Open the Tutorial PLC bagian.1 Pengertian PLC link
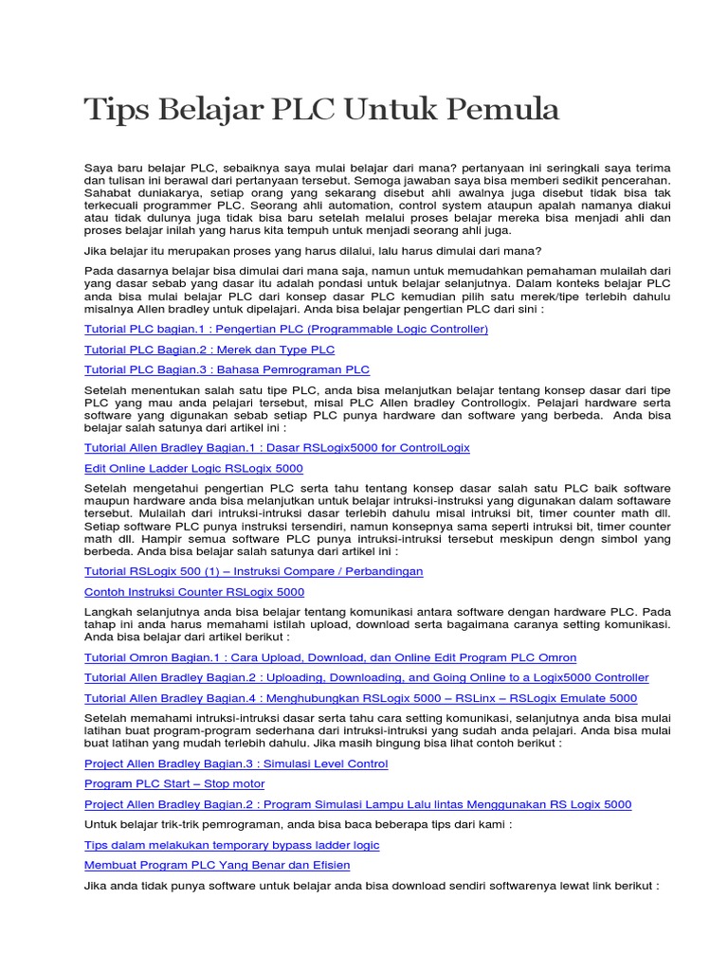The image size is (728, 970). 285,329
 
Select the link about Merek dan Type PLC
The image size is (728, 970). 209,350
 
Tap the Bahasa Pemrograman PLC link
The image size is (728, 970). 227,369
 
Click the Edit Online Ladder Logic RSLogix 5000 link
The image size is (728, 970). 193,468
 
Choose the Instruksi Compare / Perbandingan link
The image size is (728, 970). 253,571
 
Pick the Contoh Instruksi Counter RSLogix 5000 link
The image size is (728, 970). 194,592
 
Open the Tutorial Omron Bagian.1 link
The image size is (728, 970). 330,656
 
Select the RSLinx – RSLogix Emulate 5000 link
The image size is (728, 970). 360,698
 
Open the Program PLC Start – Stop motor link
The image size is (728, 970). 174,783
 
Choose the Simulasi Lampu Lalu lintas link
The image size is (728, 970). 357,804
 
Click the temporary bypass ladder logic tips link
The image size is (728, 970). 231,845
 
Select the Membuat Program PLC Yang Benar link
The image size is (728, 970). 216,865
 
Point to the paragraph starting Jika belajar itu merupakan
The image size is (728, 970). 313,251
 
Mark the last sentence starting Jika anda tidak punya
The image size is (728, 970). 371,885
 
